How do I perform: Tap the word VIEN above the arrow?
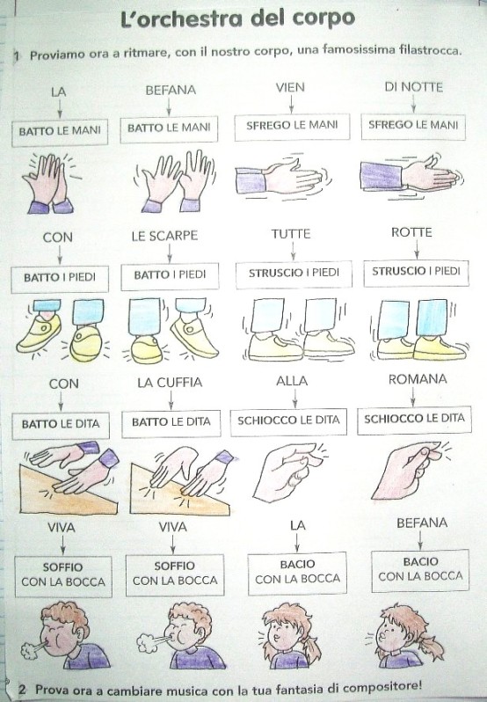pos(290,87)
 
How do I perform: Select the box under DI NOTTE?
pos(413,127)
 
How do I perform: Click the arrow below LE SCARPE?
pos(169,253)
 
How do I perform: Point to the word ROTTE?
pos(411,232)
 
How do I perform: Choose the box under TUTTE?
pos(294,273)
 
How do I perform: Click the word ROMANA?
pos(418,380)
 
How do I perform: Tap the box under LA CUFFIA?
pos(171,423)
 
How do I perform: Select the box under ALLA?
pos(288,421)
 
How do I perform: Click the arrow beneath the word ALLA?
pos(294,398)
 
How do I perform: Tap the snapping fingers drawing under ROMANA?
pos(411,469)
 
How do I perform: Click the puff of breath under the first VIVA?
pos(31,650)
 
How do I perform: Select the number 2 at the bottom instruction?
pos(22,689)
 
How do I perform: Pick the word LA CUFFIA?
pos(170,383)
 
